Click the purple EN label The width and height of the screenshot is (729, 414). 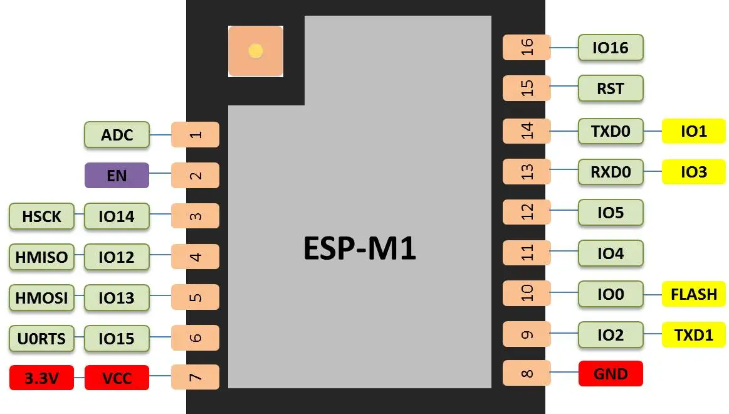click(x=117, y=175)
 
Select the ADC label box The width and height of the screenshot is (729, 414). click(x=117, y=135)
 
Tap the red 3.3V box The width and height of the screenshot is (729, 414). click(x=41, y=378)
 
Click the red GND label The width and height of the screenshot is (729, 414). click(x=611, y=374)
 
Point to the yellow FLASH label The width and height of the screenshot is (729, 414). click(x=693, y=294)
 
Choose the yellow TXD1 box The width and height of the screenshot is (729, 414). click(x=693, y=334)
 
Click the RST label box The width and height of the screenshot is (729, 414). click(x=611, y=88)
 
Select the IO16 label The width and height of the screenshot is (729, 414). click(x=611, y=48)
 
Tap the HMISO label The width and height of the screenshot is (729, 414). click(x=41, y=257)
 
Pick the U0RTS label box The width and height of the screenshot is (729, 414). click(x=41, y=338)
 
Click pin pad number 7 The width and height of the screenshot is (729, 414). click(x=196, y=378)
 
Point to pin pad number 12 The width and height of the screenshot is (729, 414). click(x=527, y=212)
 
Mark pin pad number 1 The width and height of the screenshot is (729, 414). click(x=196, y=134)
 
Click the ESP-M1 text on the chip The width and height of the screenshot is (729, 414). click(x=360, y=249)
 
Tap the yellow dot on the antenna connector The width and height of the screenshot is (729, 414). click(x=255, y=51)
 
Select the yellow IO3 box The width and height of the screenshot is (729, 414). click(x=693, y=171)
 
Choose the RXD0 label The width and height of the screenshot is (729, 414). click(x=611, y=171)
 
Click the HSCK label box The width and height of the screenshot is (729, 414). click(x=41, y=216)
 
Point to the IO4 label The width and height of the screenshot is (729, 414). click(x=611, y=253)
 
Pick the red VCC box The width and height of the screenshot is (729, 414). click(x=117, y=378)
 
